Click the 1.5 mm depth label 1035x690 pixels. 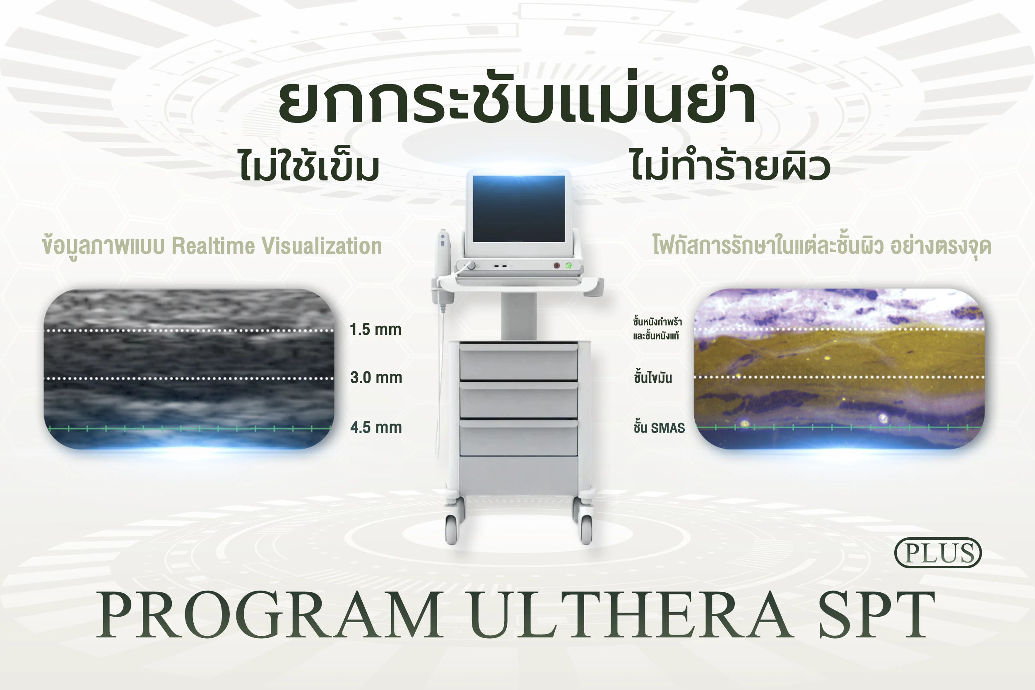pyautogui.click(x=375, y=329)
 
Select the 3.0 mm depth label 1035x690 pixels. pyautogui.click(x=376, y=377)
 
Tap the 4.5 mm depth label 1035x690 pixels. pyautogui.click(x=376, y=427)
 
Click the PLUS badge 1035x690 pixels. pyautogui.click(x=938, y=553)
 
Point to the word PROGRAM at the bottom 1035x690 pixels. pyautogui.click(x=270, y=615)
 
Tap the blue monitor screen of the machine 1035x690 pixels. pyautogui.click(x=519, y=209)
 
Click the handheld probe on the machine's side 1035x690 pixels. pyautogui.click(x=443, y=269)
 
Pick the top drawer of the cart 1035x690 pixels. pyautogui.click(x=519, y=362)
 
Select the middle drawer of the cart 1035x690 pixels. pyautogui.click(x=519, y=399)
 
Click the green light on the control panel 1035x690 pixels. pyautogui.click(x=568, y=265)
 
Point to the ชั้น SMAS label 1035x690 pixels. pyautogui.click(x=659, y=427)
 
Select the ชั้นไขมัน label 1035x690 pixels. pyautogui.click(x=653, y=377)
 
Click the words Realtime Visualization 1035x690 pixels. pyautogui.click(x=277, y=246)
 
